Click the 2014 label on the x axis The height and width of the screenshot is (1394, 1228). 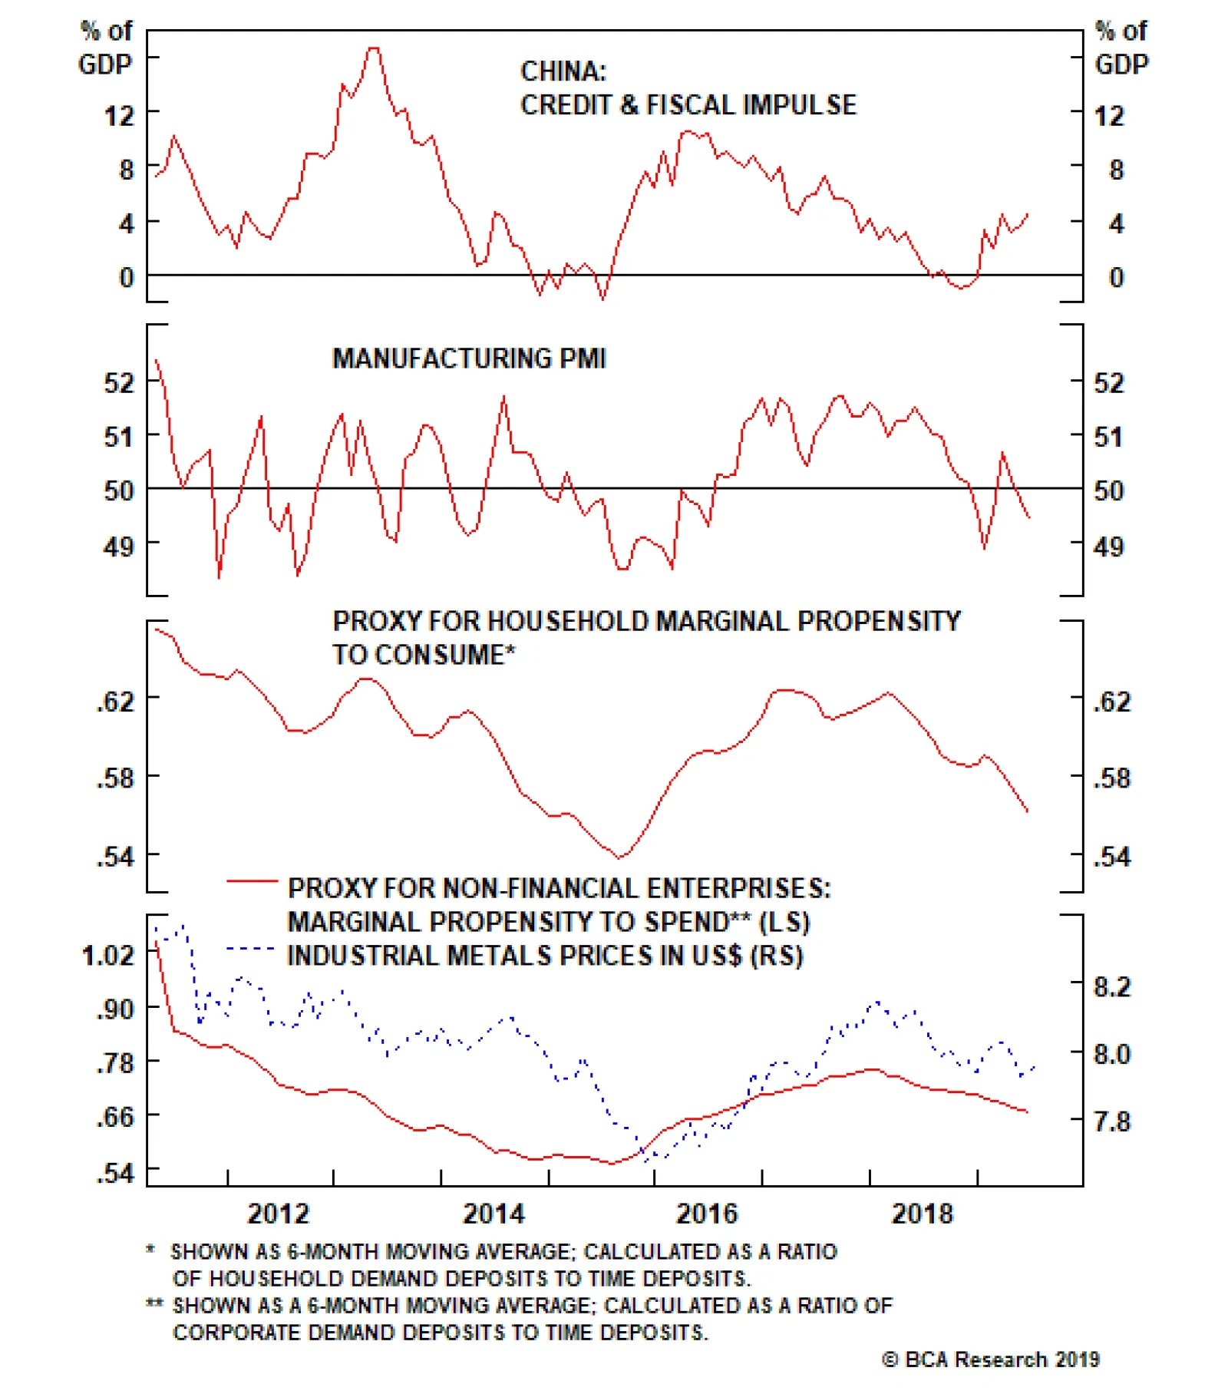tap(493, 1214)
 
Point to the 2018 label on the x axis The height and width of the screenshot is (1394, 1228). tap(922, 1214)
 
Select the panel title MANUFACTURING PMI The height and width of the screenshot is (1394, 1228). tap(469, 358)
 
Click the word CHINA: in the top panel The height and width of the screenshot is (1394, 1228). tap(563, 71)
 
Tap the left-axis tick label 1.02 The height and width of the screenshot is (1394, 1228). tap(108, 956)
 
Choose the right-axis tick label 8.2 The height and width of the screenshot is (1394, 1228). tap(1112, 986)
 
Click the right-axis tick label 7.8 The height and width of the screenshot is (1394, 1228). tap(1112, 1121)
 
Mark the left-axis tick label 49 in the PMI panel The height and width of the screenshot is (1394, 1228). tap(118, 547)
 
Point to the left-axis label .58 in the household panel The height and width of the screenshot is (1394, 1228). tap(115, 778)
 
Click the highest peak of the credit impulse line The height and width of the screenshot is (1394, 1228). tap(373, 48)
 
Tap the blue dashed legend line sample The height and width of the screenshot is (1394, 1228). tap(251, 950)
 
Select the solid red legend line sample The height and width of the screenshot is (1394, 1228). tap(252, 881)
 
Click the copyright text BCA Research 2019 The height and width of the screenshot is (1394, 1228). tap(991, 1359)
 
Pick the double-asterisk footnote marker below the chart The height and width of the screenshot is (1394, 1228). tap(154, 1304)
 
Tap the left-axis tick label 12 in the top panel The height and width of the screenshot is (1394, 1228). tap(119, 117)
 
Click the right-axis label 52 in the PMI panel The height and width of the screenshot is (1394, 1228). tap(1109, 382)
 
